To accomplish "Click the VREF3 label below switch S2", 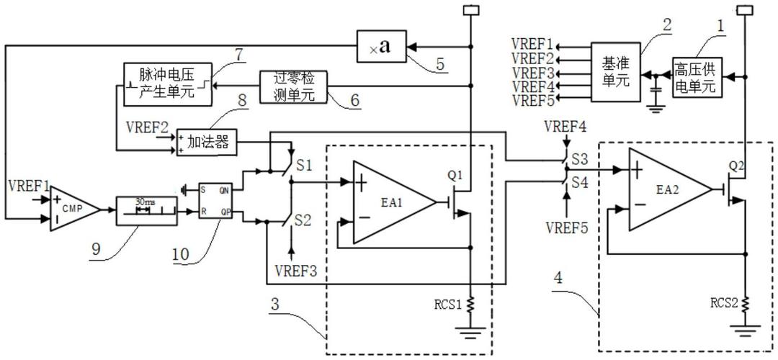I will click(295, 271).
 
